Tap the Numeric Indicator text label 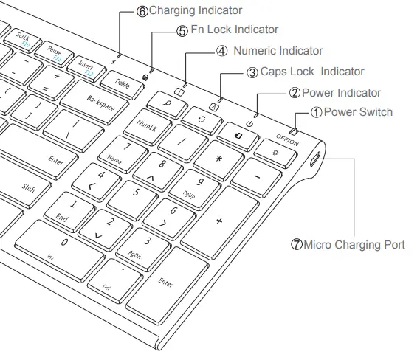pos(269,51)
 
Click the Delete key pos(122,83)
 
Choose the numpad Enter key pos(166,281)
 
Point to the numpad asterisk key pos(219,157)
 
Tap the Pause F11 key pos(55,52)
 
